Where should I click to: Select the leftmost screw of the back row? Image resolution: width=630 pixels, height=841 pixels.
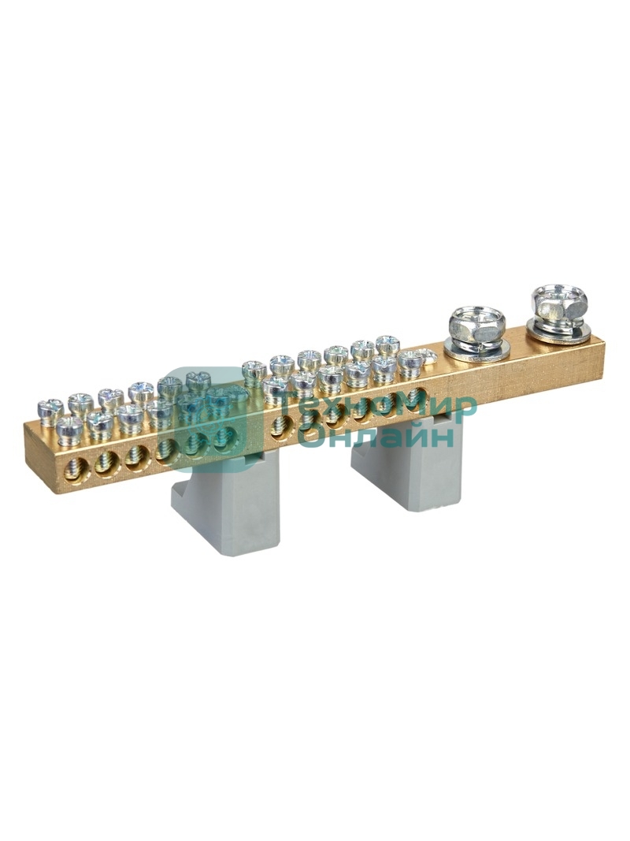(x=51, y=409)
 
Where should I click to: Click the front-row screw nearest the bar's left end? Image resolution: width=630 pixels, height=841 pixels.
(x=69, y=430)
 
